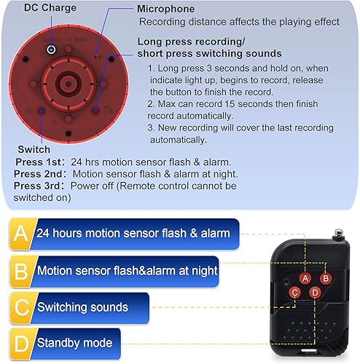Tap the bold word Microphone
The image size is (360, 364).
click(x=166, y=9)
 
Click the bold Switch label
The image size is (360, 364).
click(x=34, y=149)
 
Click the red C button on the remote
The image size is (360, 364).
click(x=295, y=293)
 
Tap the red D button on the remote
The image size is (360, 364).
click(x=315, y=293)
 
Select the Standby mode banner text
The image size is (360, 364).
click(x=74, y=342)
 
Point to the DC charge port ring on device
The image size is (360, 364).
click(x=51, y=49)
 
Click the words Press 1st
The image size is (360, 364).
click(x=37, y=162)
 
